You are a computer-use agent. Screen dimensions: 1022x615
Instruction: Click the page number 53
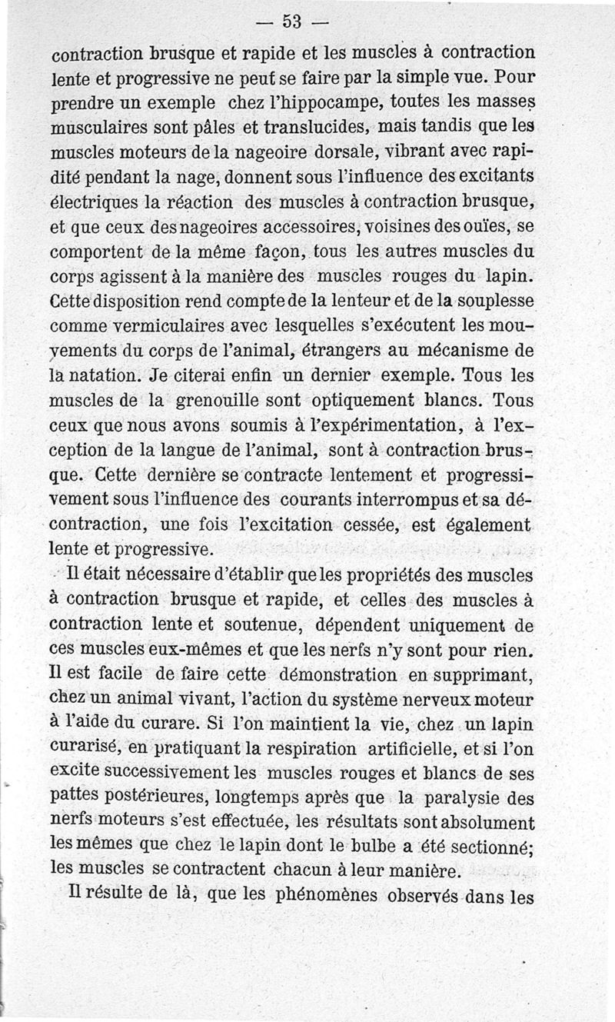[293, 22]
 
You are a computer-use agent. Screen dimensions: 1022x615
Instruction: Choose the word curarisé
[84, 751]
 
